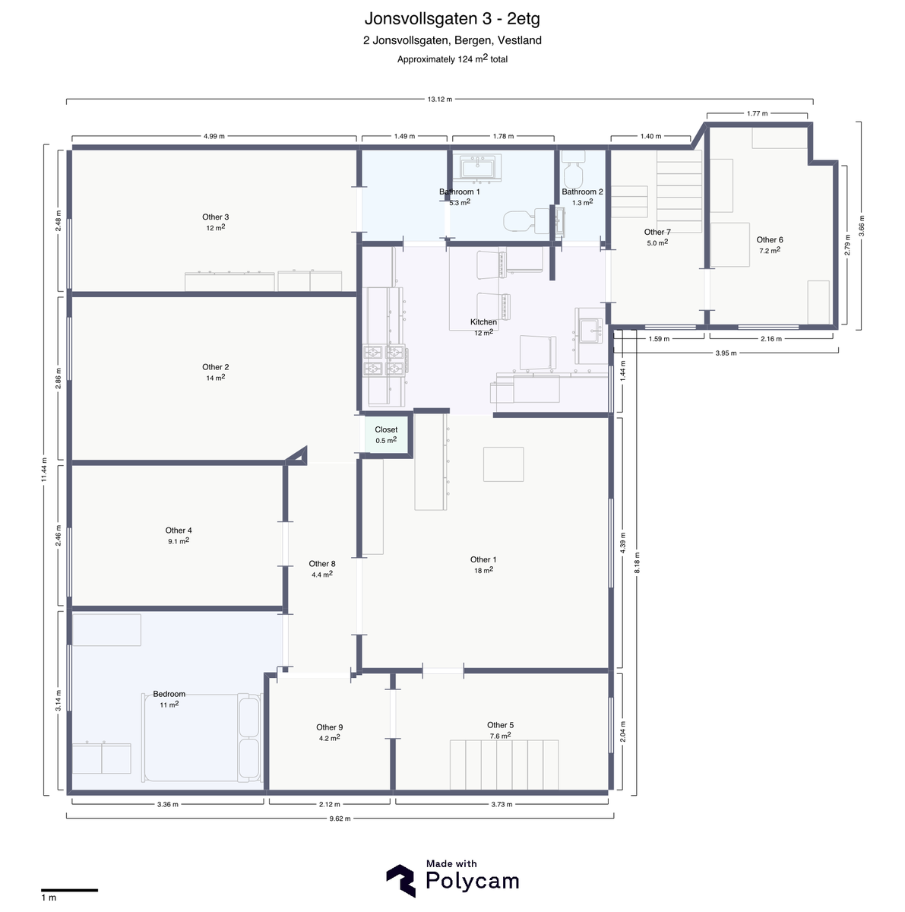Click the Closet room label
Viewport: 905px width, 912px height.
[x=386, y=429]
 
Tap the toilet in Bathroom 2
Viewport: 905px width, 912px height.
[x=573, y=169]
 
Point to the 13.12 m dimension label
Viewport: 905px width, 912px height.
[x=440, y=100]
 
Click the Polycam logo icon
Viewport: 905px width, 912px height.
[x=401, y=881]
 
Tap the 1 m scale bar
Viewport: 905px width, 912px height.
[x=69, y=890]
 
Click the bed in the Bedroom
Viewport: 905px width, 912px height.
[x=201, y=738]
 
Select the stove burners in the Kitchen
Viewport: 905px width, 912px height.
[x=384, y=360]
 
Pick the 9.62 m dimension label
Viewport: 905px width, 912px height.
[x=340, y=819]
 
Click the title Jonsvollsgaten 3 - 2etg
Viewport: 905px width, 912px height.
[x=452, y=18]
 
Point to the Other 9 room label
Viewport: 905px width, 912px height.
[x=330, y=727]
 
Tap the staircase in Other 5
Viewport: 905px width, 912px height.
[x=504, y=765]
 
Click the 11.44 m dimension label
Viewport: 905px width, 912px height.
[x=44, y=470]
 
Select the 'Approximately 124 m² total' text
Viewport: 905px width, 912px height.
[x=452, y=59]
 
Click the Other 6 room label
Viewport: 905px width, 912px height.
[x=770, y=239]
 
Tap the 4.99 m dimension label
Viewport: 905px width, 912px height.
[x=214, y=136]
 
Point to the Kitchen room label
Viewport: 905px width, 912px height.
[x=483, y=321]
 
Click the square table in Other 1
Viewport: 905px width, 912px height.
[x=503, y=464]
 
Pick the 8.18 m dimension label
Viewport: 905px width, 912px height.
[x=637, y=562]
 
